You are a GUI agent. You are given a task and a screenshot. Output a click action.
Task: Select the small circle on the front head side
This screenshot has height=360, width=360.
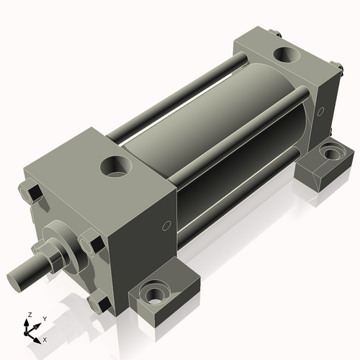pos(166,228)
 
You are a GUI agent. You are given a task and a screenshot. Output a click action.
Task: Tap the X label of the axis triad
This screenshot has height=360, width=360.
pos(45,338)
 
